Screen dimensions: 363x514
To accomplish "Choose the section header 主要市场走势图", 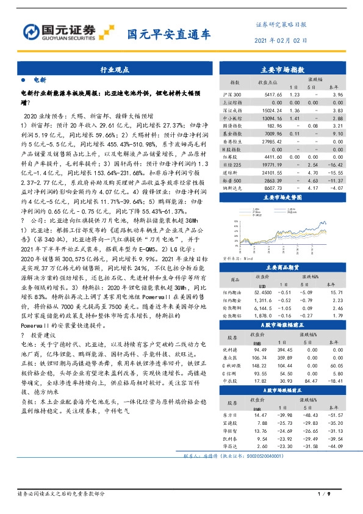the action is pos(286,198).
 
